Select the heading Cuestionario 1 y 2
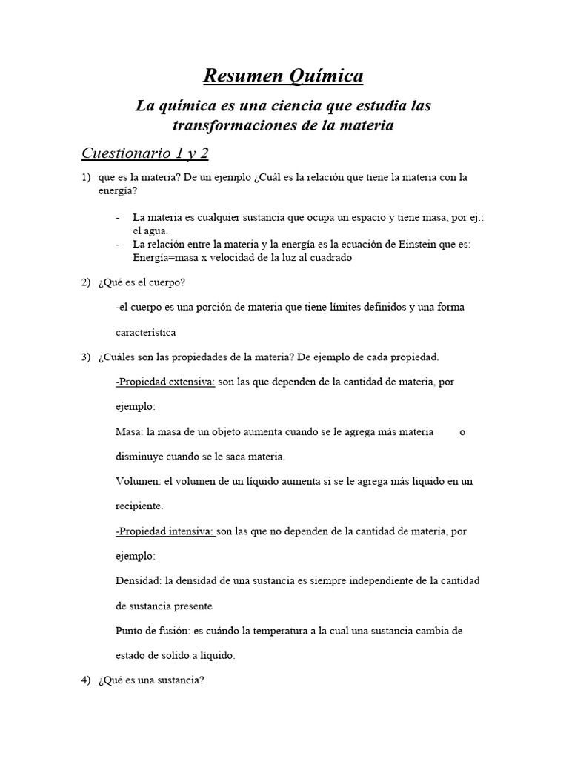tap(145, 153)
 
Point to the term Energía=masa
tap(163, 257)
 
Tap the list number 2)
tap(86, 282)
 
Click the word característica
tap(146, 332)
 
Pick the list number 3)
tap(86, 357)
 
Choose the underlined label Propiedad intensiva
tap(166, 531)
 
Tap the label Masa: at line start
tap(130, 431)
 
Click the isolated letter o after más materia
tap(462, 431)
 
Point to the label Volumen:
tap(139, 481)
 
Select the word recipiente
tap(139, 506)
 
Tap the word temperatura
tap(276, 631)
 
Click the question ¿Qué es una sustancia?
tap(150, 680)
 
